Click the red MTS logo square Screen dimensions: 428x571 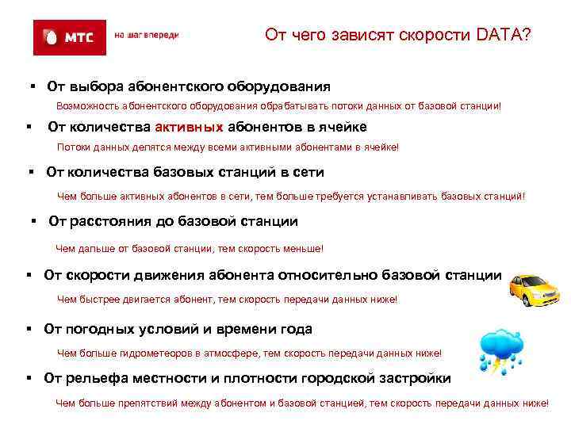[69, 36]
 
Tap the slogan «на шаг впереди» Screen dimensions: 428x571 [147, 36]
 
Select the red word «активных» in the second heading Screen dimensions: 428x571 [190, 127]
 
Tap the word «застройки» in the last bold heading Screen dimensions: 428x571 [416, 378]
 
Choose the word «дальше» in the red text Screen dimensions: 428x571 [94, 249]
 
